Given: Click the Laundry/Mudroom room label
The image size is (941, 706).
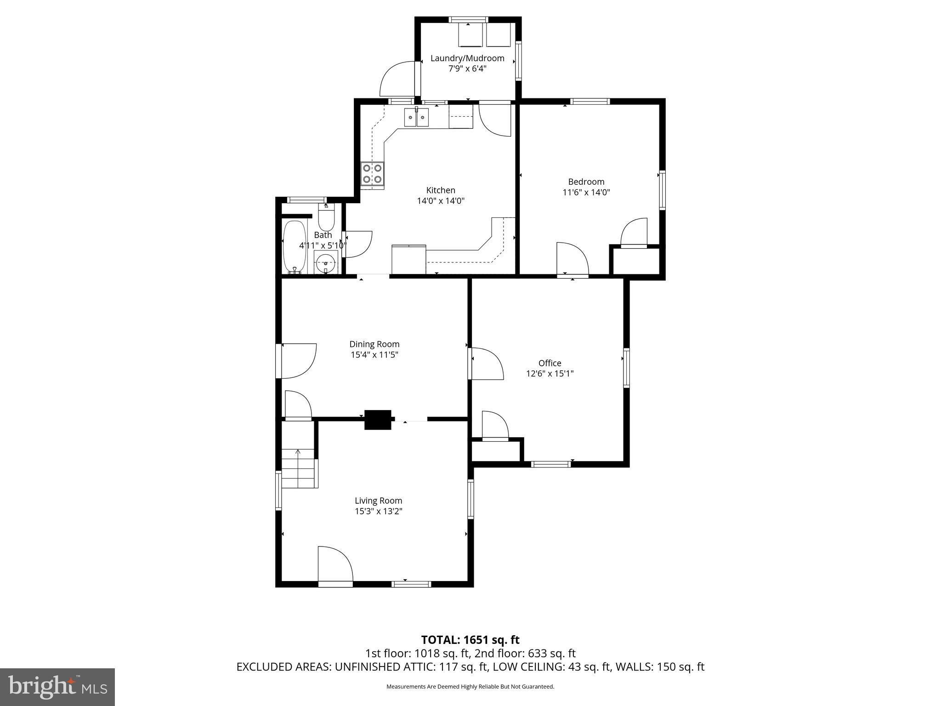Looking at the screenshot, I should pyautogui.click(x=467, y=58).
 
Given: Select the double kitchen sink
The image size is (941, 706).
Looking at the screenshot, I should pyautogui.click(x=416, y=117).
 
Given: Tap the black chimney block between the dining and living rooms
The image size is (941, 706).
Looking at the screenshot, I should pyautogui.click(x=378, y=420).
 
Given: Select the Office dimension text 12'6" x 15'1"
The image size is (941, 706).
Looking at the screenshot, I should pyautogui.click(x=550, y=374).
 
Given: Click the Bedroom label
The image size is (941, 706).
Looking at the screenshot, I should pyautogui.click(x=586, y=182).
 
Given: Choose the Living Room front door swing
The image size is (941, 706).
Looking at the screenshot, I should pyautogui.click(x=334, y=564).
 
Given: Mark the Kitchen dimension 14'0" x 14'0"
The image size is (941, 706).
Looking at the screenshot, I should pyautogui.click(x=441, y=201).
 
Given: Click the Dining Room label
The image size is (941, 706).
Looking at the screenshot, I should pyautogui.click(x=374, y=344).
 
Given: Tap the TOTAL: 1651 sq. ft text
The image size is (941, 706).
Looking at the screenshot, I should pyautogui.click(x=470, y=640).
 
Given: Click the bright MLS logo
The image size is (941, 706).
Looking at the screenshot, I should pyautogui.click(x=57, y=687).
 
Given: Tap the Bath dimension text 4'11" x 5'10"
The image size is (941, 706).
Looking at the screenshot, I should pyautogui.click(x=323, y=245).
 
